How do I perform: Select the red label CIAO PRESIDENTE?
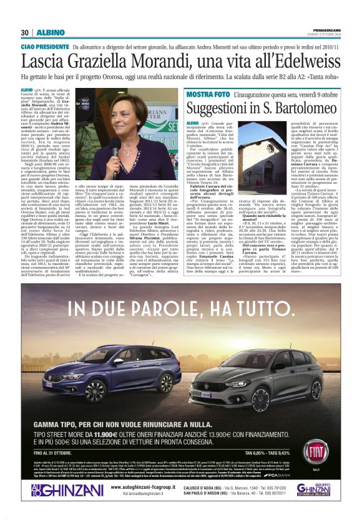click(44, 47)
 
